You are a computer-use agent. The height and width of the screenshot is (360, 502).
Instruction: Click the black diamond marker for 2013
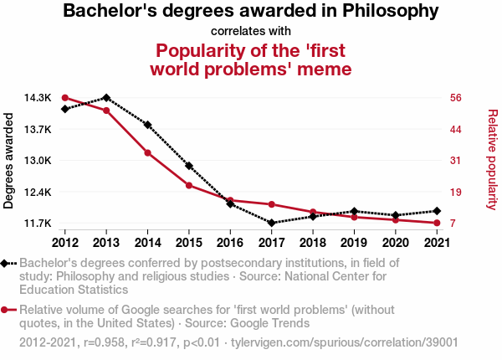pos(106,98)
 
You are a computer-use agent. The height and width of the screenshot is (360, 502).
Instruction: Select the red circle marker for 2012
pos(65,98)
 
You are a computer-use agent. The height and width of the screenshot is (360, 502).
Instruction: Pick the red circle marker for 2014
pos(147,152)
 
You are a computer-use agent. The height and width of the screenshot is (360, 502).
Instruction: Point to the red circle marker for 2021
pos(437,224)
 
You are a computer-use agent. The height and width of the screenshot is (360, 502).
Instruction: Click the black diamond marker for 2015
pos(189,166)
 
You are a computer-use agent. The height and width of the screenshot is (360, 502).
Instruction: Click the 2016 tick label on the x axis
pos(230,242)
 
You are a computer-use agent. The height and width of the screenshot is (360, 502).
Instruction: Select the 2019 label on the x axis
pos(354,242)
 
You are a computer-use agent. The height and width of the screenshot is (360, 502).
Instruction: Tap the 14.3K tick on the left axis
pos(37,98)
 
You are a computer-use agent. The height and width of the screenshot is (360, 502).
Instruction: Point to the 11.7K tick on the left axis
pos(37,224)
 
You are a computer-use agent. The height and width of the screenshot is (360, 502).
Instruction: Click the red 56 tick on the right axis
pos(456,98)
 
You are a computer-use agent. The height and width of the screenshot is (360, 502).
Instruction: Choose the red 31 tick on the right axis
pos(456,161)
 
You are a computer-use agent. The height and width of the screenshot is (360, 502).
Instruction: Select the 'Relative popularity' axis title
pos(493,160)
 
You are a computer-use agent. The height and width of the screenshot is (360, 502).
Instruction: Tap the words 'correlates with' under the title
pos(250,31)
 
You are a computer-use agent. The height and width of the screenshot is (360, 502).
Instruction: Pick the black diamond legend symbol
pos(7,264)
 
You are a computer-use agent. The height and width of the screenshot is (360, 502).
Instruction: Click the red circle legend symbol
pos(7,310)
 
